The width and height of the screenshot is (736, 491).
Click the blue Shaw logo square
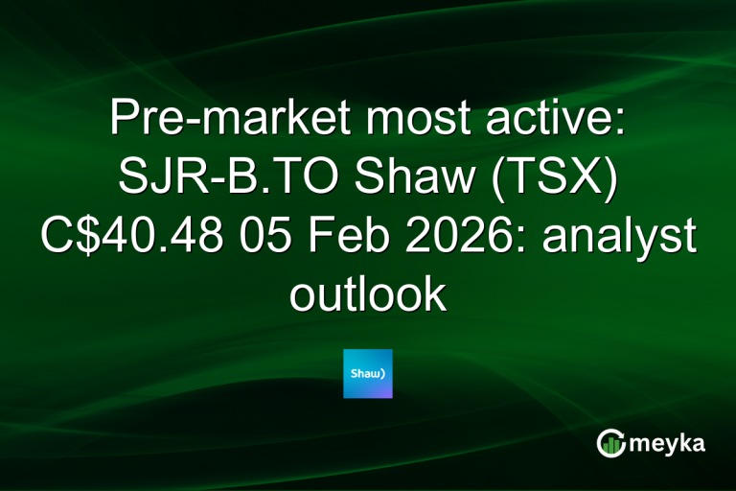368,373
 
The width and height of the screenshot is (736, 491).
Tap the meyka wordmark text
671,443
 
